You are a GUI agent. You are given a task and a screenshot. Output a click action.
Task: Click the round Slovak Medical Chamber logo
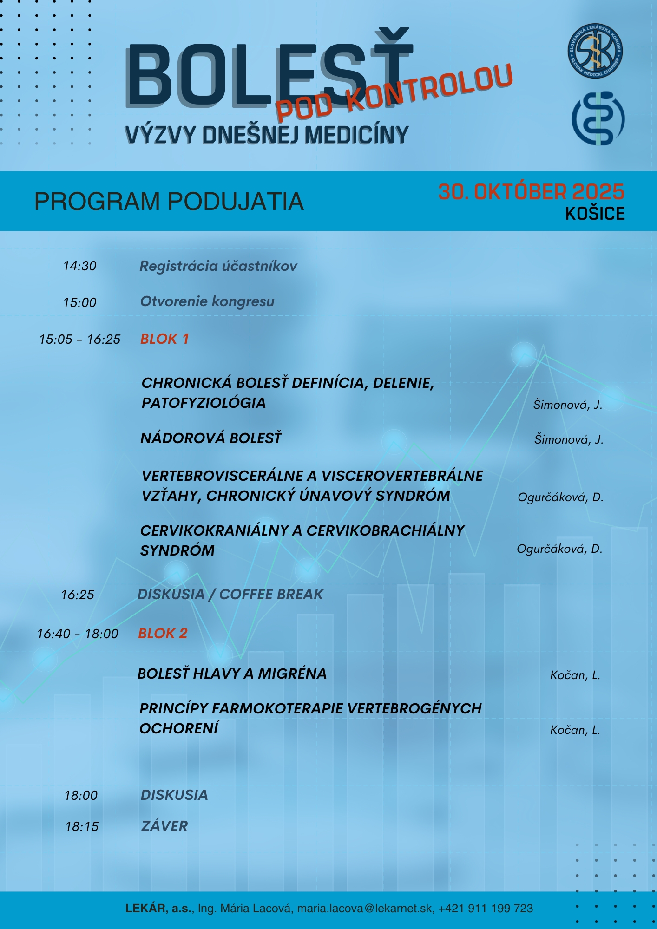click(x=595, y=51)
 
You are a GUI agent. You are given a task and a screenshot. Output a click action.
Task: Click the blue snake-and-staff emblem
click(x=598, y=118)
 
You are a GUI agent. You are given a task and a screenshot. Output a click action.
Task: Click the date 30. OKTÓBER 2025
click(x=531, y=192)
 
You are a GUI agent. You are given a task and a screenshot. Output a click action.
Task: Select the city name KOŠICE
click(x=595, y=214)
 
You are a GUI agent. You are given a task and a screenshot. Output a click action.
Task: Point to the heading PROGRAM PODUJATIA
click(x=169, y=202)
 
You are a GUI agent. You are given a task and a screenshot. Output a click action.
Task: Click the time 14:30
click(x=80, y=266)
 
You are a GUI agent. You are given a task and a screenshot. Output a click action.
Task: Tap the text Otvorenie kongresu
click(x=207, y=301)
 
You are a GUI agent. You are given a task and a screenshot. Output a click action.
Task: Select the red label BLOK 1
click(x=164, y=339)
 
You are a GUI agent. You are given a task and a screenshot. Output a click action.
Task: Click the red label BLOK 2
click(x=163, y=634)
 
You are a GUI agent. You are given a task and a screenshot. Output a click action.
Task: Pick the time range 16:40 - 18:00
click(x=78, y=634)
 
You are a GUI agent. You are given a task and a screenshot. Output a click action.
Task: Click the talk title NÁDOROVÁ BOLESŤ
click(x=211, y=438)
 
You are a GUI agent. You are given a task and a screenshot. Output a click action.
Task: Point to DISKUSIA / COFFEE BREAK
click(x=230, y=595)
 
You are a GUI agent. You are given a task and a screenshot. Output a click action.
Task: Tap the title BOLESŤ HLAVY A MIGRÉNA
click(x=232, y=674)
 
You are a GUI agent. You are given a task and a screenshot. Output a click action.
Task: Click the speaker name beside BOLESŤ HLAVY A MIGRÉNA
click(x=575, y=675)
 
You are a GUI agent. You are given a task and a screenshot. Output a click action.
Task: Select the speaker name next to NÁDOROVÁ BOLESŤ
click(x=569, y=439)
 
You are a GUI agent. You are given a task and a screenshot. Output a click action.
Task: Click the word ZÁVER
click(x=164, y=826)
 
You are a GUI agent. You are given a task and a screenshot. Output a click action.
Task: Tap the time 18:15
click(x=82, y=827)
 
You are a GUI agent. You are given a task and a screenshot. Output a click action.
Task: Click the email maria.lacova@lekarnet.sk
click(x=365, y=909)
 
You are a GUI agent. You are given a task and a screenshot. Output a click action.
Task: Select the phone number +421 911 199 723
click(x=486, y=909)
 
